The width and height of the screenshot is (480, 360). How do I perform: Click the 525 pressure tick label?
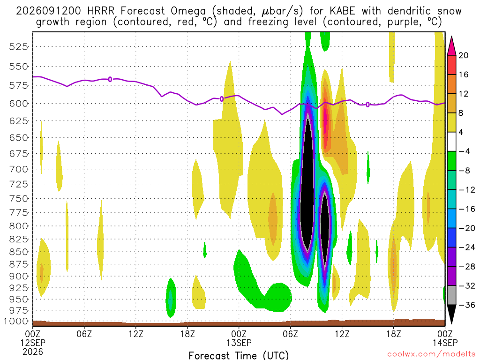[19, 47]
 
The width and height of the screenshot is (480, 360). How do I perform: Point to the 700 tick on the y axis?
[19, 169]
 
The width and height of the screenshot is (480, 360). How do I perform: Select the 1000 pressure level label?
[16, 321]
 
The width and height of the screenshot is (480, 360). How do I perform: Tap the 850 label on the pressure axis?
[19, 252]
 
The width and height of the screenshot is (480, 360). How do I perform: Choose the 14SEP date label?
[445, 343]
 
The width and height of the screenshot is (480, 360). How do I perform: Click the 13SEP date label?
[239, 343]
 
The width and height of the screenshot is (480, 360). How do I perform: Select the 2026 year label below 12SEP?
[32, 352]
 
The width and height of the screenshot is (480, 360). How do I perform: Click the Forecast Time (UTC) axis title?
[239, 355]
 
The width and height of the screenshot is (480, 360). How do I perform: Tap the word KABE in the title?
[343, 11]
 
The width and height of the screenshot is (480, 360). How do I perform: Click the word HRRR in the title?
[101, 11]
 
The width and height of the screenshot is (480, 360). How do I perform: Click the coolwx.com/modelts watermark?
[431, 354]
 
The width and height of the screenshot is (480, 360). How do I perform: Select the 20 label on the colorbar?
[464, 55]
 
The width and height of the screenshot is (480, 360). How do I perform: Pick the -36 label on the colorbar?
[467, 305]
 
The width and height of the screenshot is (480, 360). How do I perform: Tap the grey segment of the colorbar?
[451, 295]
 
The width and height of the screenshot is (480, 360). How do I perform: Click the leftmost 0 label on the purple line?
[110, 80]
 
